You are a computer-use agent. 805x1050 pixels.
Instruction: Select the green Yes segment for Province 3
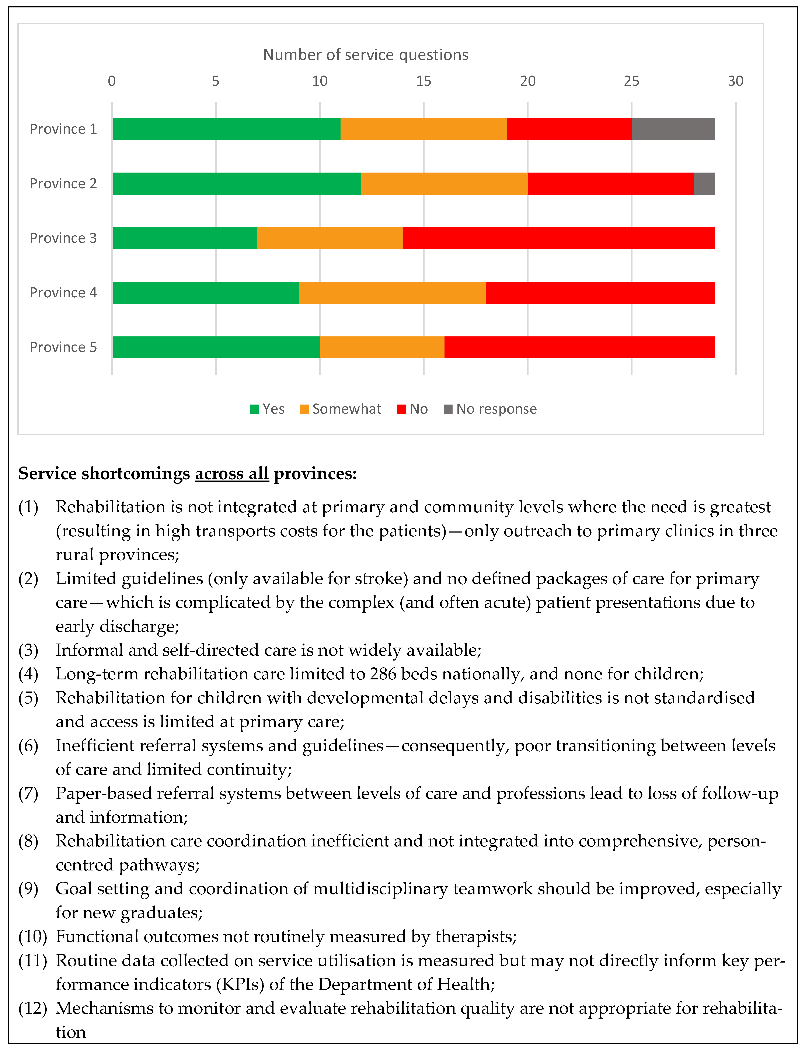[x=185, y=238]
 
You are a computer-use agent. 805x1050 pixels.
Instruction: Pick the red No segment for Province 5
[x=579, y=347]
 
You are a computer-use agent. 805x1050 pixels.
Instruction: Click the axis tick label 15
[x=424, y=81]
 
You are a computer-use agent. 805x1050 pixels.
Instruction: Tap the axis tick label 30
[x=736, y=81]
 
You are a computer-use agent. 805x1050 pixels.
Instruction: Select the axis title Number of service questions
[x=366, y=55]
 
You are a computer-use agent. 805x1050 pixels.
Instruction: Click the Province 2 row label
[x=63, y=184]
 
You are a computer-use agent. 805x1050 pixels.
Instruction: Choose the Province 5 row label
[x=63, y=347]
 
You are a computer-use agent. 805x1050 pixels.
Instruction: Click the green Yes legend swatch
[x=254, y=409]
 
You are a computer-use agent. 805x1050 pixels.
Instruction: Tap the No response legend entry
[x=496, y=409]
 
